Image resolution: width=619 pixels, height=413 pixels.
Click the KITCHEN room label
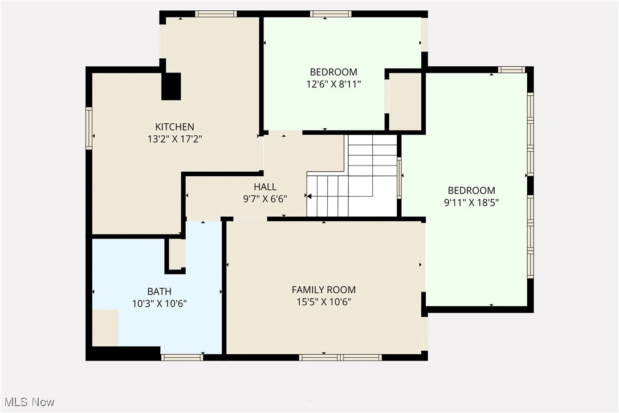coord(175,127)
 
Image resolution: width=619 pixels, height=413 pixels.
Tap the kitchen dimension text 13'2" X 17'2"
coord(175,138)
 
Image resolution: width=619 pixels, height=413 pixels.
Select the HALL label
coord(265,187)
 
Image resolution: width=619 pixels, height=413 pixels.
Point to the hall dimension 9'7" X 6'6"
coord(265,199)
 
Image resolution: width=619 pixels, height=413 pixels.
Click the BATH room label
coord(159,291)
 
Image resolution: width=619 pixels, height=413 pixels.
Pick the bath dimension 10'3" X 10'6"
coord(159,303)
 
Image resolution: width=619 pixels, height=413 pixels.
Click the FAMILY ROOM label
coord(323,290)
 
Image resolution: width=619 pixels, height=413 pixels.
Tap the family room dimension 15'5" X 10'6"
coord(323,302)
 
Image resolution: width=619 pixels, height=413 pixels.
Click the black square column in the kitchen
coord(171,86)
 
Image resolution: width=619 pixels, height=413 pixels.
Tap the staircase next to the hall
coord(353,177)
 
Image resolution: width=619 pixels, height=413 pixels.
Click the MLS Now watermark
coord(28,402)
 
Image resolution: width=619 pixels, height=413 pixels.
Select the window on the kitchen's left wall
coord(89,129)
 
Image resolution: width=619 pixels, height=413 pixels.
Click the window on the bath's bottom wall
coord(182,357)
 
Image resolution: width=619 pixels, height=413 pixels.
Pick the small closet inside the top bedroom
coord(405,101)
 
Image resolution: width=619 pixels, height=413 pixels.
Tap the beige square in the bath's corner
coord(105,327)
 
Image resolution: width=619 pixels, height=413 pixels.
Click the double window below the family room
coord(340,357)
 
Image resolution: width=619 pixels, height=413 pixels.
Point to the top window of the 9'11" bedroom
coord(511,70)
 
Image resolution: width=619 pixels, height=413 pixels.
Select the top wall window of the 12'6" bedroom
coord(331,14)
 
